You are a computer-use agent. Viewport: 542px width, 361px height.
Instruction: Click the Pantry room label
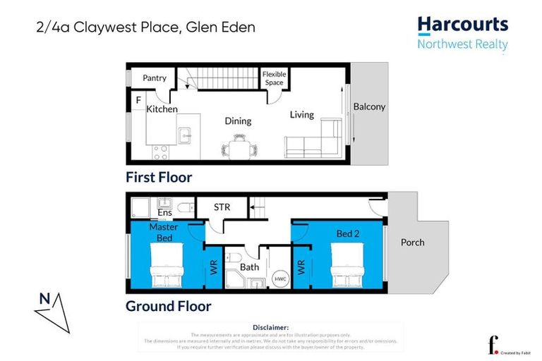[154, 78]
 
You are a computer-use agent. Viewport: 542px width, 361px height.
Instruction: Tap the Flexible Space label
[273, 78]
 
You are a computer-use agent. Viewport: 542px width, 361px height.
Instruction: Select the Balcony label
[369, 106]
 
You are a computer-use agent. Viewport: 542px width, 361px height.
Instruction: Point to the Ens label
[164, 212]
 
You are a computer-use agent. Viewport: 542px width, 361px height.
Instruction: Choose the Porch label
[412, 242]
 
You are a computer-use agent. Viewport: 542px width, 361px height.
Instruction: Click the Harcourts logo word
[462, 25]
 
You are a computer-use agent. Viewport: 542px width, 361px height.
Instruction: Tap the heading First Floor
[159, 177]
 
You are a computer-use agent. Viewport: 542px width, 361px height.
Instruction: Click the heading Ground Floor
[168, 306]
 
